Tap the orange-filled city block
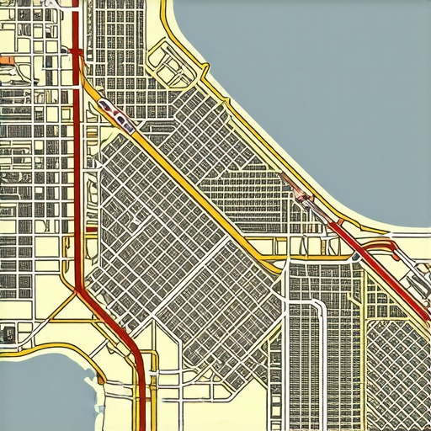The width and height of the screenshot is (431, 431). click(x=7, y=61)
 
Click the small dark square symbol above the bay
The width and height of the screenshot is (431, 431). click(x=8, y=331)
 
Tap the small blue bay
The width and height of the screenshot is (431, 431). click(x=42, y=391)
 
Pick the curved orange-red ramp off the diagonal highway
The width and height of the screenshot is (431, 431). click(x=387, y=246)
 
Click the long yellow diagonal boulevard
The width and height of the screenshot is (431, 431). click(x=194, y=185)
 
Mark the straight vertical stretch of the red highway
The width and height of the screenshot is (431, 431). click(x=77, y=168)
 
